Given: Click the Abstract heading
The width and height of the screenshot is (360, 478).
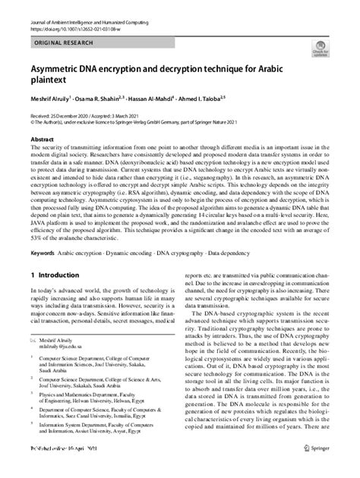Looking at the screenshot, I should pos(41,139).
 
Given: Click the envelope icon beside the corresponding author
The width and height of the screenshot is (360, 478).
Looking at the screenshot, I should pos(33,363).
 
